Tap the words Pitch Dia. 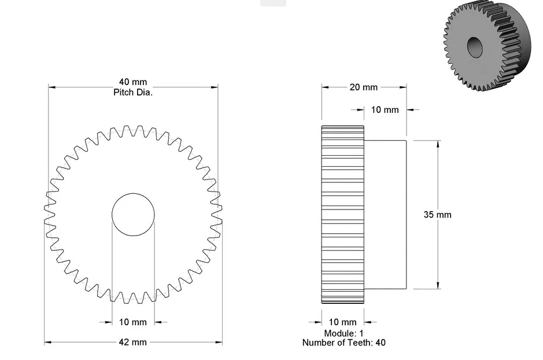[133, 92]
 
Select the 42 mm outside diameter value [133, 342]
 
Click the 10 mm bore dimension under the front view [133, 322]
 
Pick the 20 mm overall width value [363, 87]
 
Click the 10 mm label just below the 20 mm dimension [385, 109]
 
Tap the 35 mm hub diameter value [437, 214]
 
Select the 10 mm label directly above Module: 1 [342, 322]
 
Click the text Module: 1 [343, 333]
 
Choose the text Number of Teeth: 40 [343, 342]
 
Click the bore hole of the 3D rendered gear [475, 47]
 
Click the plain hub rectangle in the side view [386, 214]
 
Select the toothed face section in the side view [342, 214]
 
